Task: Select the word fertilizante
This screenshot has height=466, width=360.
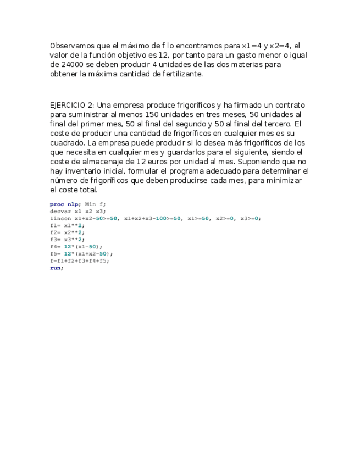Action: tap(179, 74)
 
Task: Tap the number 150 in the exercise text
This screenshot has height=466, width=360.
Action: tap(152, 114)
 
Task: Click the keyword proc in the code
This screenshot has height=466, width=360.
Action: tap(57, 204)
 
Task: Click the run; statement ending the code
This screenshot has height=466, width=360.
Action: tap(57, 268)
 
